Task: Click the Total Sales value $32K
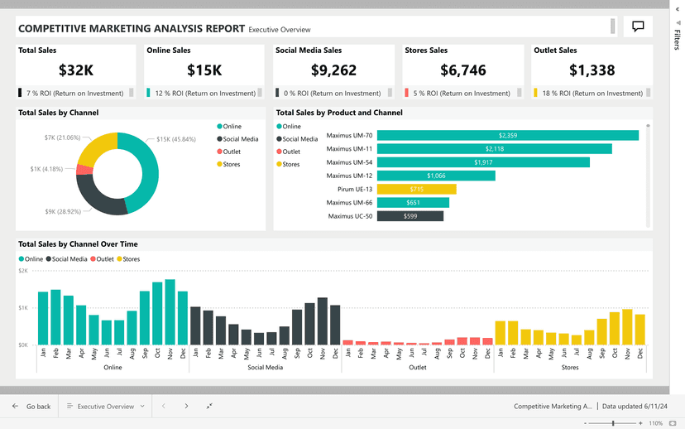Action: click(76, 70)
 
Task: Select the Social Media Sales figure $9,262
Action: click(334, 70)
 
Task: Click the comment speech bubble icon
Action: click(638, 27)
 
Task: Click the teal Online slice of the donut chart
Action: click(146, 170)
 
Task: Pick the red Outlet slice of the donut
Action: click(83, 170)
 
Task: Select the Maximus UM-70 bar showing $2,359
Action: click(508, 135)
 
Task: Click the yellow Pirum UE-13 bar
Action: click(417, 189)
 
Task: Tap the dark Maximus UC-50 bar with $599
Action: click(410, 216)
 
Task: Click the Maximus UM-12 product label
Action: click(349, 176)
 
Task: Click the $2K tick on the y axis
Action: click(23, 271)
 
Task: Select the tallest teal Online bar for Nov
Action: click(170, 311)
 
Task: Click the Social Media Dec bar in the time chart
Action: click(335, 325)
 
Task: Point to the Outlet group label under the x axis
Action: click(418, 367)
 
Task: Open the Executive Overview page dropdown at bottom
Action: click(106, 407)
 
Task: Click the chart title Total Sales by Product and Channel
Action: click(339, 113)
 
